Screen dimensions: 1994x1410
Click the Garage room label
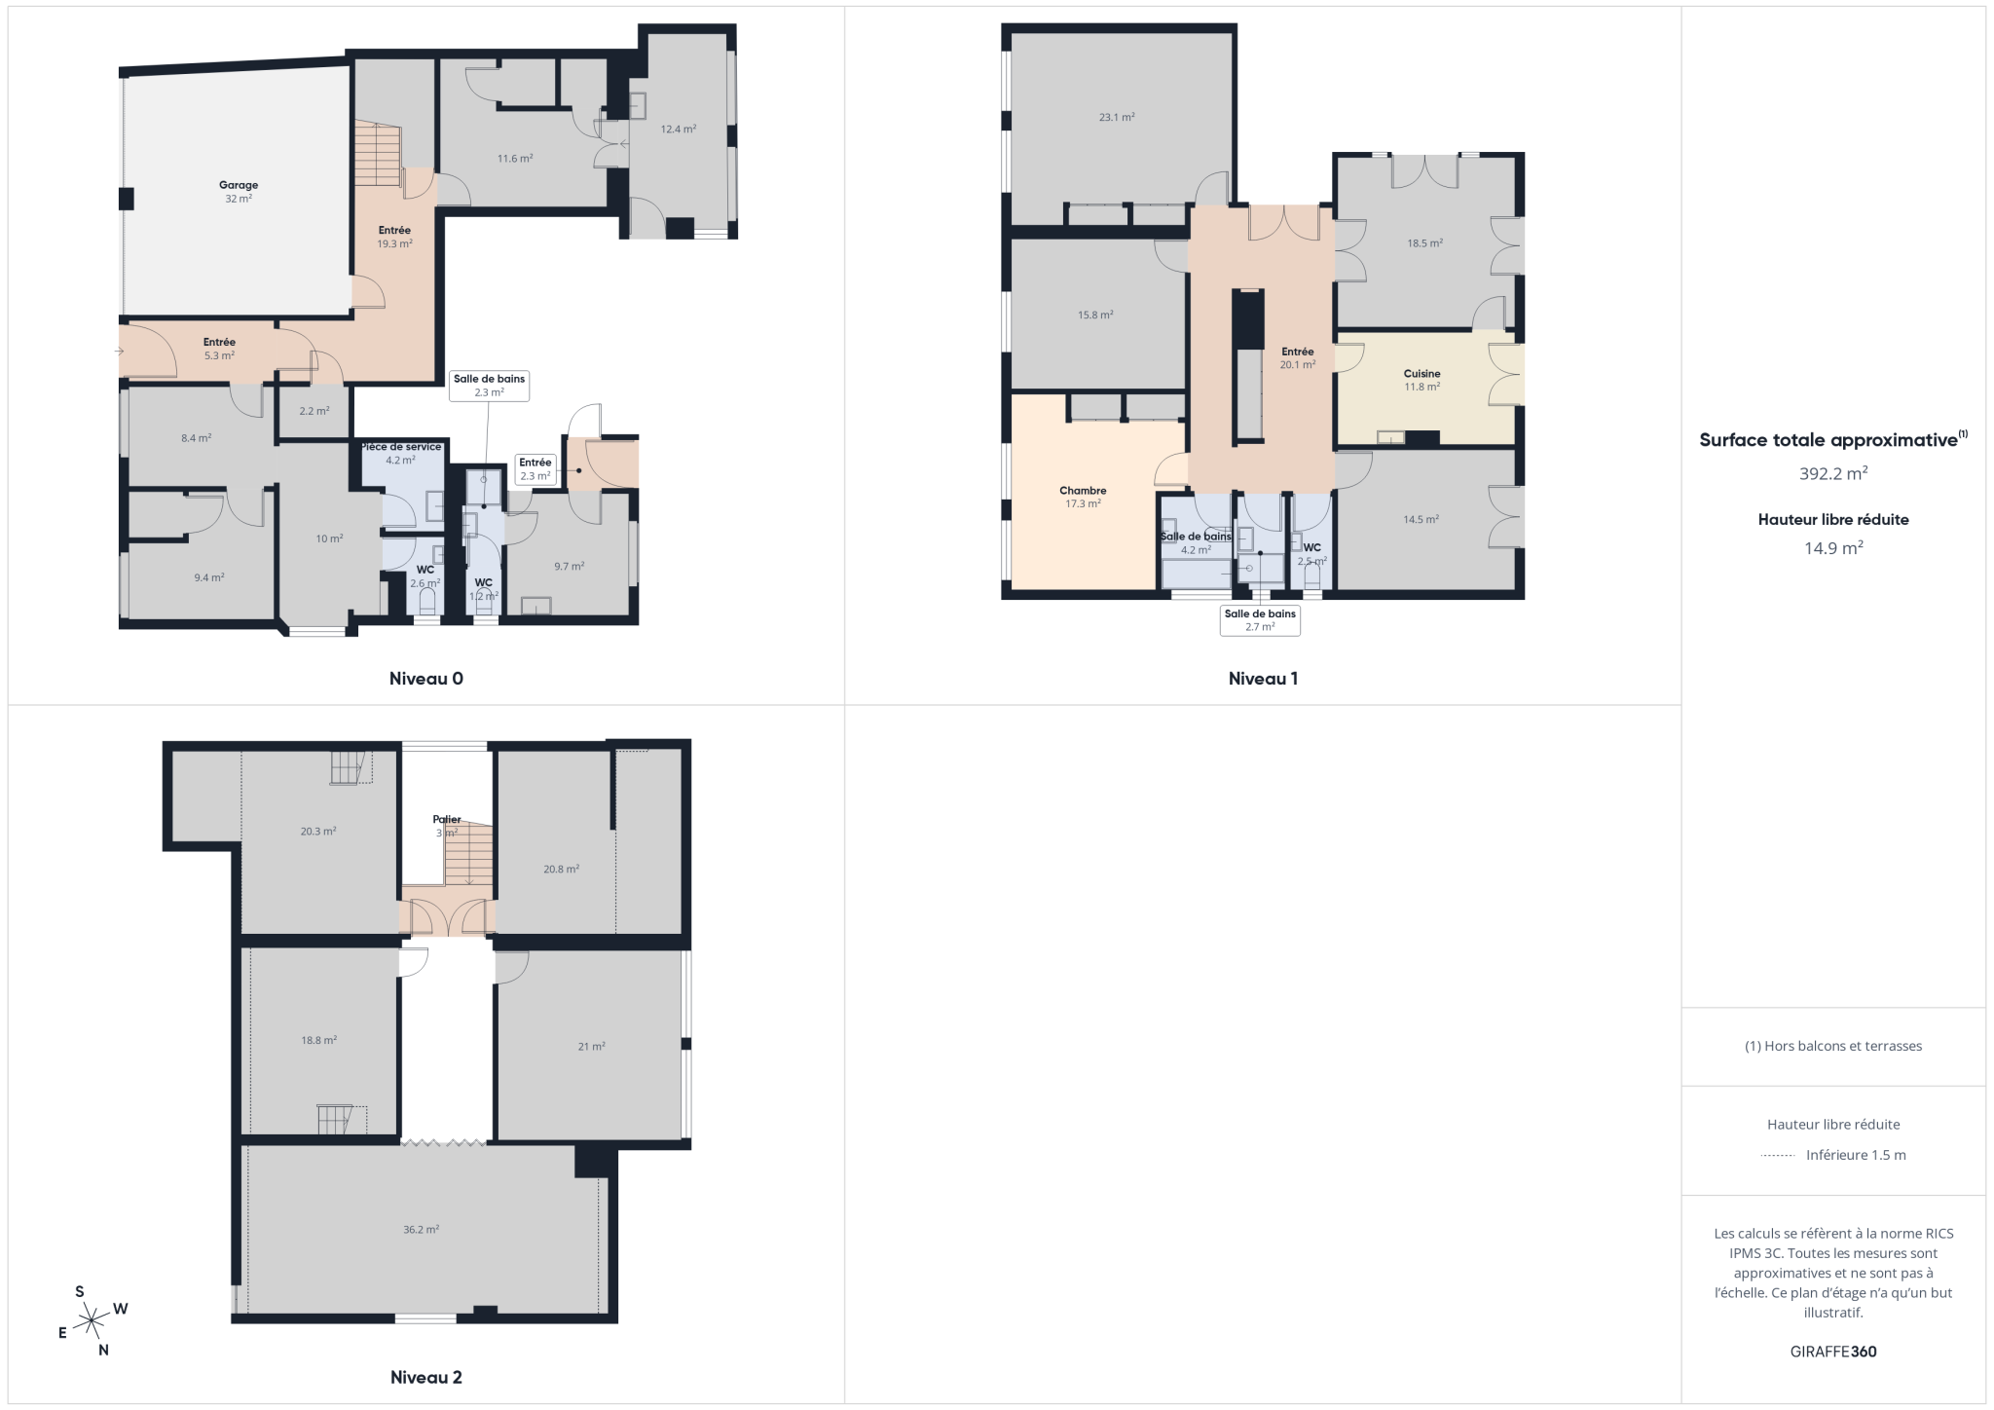coord(239,185)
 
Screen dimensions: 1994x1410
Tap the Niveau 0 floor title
coord(426,679)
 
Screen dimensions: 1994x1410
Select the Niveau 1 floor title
coord(1263,679)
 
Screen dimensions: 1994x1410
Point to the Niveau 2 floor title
coord(426,1377)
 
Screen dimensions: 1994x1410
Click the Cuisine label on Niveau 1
coord(1422,374)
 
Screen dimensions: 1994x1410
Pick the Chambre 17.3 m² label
coord(1083,498)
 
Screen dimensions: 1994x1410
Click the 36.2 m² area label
coord(421,1230)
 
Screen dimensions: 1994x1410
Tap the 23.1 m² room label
coord(1117,118)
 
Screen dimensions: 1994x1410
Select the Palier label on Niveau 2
coord(447,820)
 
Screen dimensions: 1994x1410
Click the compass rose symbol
coord(92,1321)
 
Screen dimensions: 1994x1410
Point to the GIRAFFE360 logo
coord(1833,1352)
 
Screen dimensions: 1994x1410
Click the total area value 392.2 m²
coord(1833,474)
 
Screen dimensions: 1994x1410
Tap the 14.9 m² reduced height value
coord(1833,548)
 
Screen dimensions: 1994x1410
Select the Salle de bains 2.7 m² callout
coord(1260,620)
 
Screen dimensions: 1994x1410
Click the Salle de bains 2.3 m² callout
coord(489,386)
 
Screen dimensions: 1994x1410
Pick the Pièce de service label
coord(401,447)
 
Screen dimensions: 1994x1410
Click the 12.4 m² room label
coord(679,130)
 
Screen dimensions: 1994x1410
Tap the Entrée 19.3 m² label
coord(394,238)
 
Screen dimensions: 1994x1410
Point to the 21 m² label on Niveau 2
coord(591,1047)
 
